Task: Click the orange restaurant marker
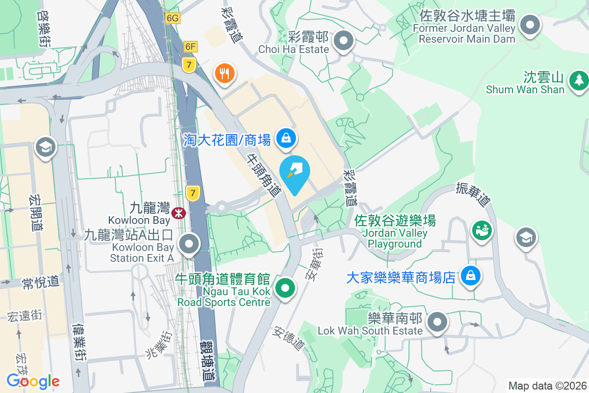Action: (x=224, y=74)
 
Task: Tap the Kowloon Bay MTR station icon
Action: (x=178, y=212)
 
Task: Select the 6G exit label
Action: (x=173, y=18)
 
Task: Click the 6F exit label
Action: (x=190, y=47)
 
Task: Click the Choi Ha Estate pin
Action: (x=344, y=41)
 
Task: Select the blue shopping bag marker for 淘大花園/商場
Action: (x=285, y=138)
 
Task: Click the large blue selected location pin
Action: (x=294, y=173)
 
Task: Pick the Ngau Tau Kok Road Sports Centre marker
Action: (x=285, y=288)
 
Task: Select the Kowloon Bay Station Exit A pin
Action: (x=189, y=244)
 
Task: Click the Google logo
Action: (x=33, y=381)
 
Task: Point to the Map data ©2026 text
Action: (x=547, y=386)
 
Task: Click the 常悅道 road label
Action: (x=41, y=282)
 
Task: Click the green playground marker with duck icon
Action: (x=482, y=229)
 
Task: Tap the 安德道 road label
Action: (x=288, y=338)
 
